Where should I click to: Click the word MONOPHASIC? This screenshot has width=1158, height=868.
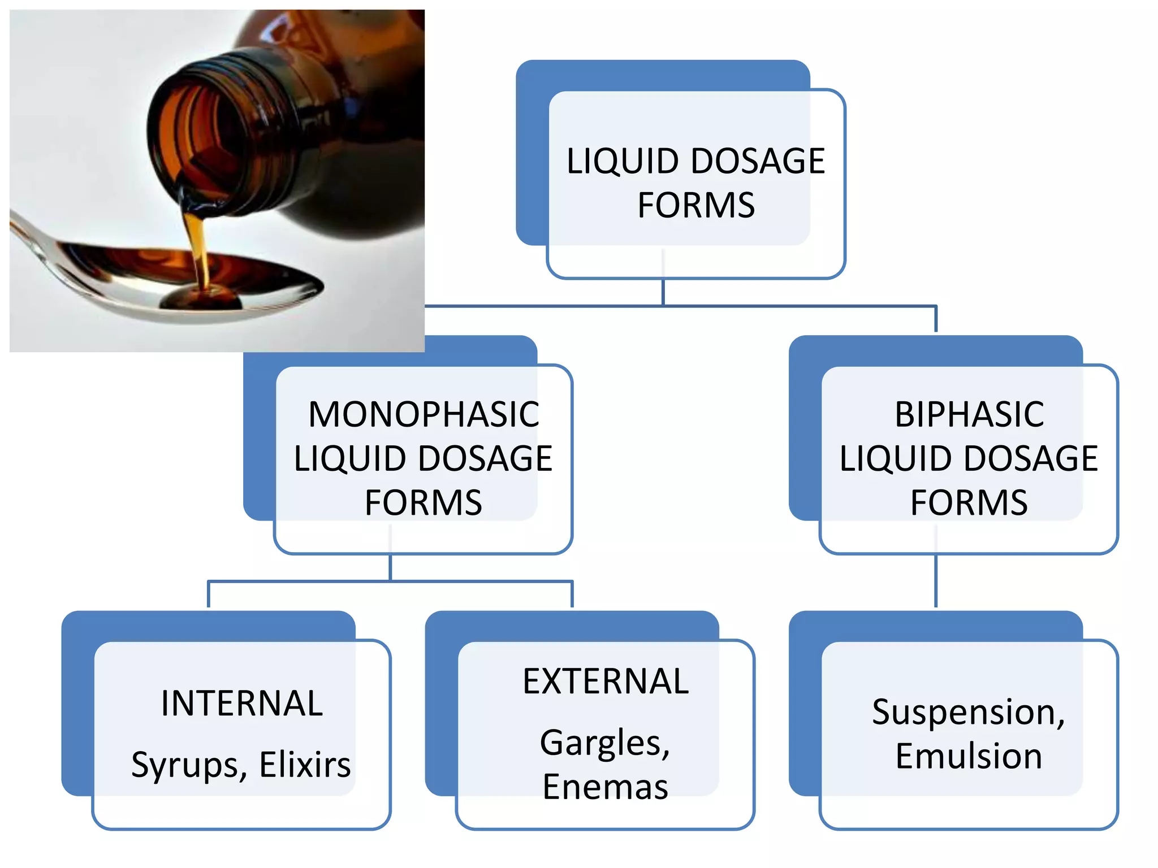pyautogui.click(x=424, y=414)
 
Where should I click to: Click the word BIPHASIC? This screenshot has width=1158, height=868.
pyautogui.click(x=969, y=414)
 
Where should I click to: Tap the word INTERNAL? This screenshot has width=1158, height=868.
pyautogui.click(x=242, y=704)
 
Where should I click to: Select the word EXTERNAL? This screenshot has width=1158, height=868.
pyautogui.click(x=606, y=682)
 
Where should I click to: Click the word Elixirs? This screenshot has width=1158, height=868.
pyautogui.click(x=305, y=765)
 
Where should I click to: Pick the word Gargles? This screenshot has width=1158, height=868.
pyautogui.click(x=604, y=743)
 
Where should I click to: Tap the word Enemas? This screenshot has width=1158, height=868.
pyautogui.click(x=606, y=787)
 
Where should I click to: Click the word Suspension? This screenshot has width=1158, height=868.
pyautogui.click(x=968, y=711)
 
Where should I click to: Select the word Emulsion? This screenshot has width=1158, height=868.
pyautogui.click(x=969, y=756)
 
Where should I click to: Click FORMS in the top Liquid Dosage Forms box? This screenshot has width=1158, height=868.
pyautogui.click(x=696, y=205)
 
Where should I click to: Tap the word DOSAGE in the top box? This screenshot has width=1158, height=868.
pyautogui.click(x=758, y=161)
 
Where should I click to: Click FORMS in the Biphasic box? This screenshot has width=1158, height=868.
pyautogui.click(x=969, y=502)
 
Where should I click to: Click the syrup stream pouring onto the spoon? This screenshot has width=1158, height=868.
pyautogui.click(x=198, y=249)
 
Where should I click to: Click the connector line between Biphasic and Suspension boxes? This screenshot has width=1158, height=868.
pyautogui.click(x=936, y=582)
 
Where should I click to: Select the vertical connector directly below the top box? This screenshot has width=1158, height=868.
pyautogui.click(x=663, y=292)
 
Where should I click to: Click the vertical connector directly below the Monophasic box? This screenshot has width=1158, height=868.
pyautogui.click(x=390, y=567)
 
